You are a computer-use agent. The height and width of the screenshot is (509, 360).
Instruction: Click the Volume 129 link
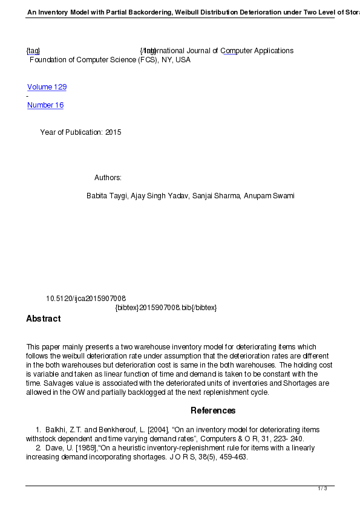coord(47,87)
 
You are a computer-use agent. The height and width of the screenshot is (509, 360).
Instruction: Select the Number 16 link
coord(45,105)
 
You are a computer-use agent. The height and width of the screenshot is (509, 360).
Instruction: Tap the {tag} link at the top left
coord(33,51)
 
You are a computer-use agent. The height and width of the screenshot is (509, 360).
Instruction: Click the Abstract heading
coord(43,319)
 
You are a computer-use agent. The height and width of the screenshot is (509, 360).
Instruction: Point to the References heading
coord(213,410)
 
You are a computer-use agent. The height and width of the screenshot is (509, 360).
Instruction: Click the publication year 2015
coord(113,132)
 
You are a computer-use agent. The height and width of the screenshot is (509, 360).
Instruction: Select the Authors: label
coord(108,178)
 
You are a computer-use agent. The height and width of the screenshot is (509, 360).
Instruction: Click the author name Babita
coord(97,196)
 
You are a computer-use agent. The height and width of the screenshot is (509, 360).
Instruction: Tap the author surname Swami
coord(283,196)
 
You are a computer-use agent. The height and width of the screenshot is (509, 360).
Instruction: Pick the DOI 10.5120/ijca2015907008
coord(86,299)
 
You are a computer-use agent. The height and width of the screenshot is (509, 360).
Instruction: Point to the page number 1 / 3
coord(322,488)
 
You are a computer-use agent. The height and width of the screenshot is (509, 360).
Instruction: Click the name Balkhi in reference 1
coord(56,430)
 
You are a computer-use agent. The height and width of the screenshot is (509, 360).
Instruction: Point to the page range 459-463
coord(232,457)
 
